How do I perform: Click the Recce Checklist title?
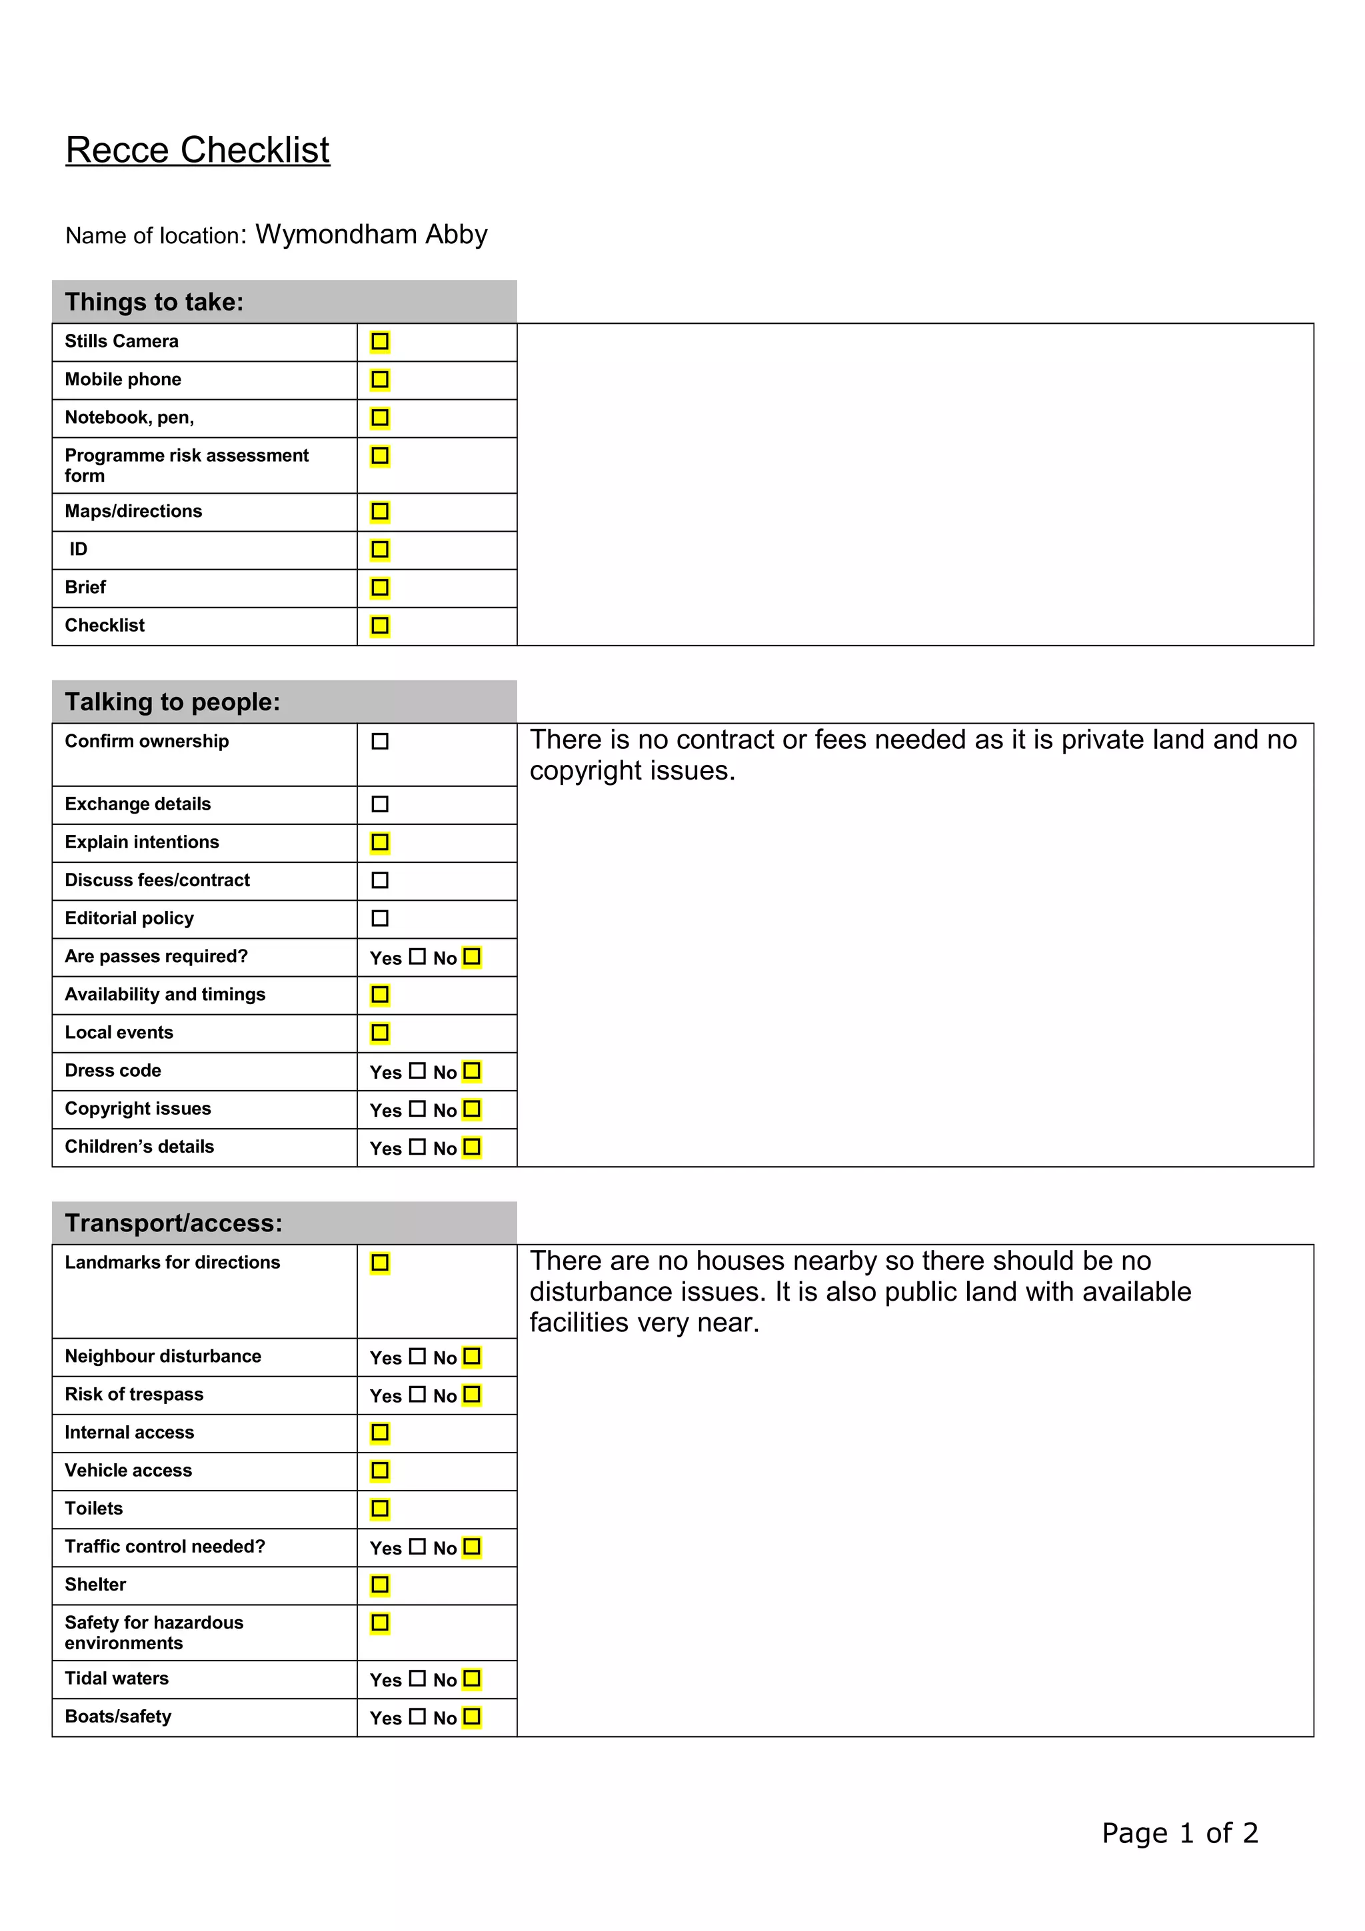click(198, 151)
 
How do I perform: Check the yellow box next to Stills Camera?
click(380, 341)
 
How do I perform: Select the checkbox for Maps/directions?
click(380, 511)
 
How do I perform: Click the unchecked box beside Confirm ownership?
click(380, 741)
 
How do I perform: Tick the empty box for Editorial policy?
click(380, 918)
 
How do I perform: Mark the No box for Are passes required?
click(472, 956)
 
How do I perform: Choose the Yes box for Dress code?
click(417, 1071)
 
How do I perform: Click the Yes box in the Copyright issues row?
click(417, 1109)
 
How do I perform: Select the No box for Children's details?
click(472, 1146)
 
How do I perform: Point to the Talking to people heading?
click(173, 702)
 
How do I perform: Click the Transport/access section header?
click(174, 1223)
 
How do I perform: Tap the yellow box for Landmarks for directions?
click(380, 1263)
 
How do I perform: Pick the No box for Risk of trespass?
click(472, 1395)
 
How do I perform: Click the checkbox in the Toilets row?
click(380, 1509)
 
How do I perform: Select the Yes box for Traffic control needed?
click(417, 1547)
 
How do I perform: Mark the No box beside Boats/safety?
click(472, 1716)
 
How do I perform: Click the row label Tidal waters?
click(117, 1678)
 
